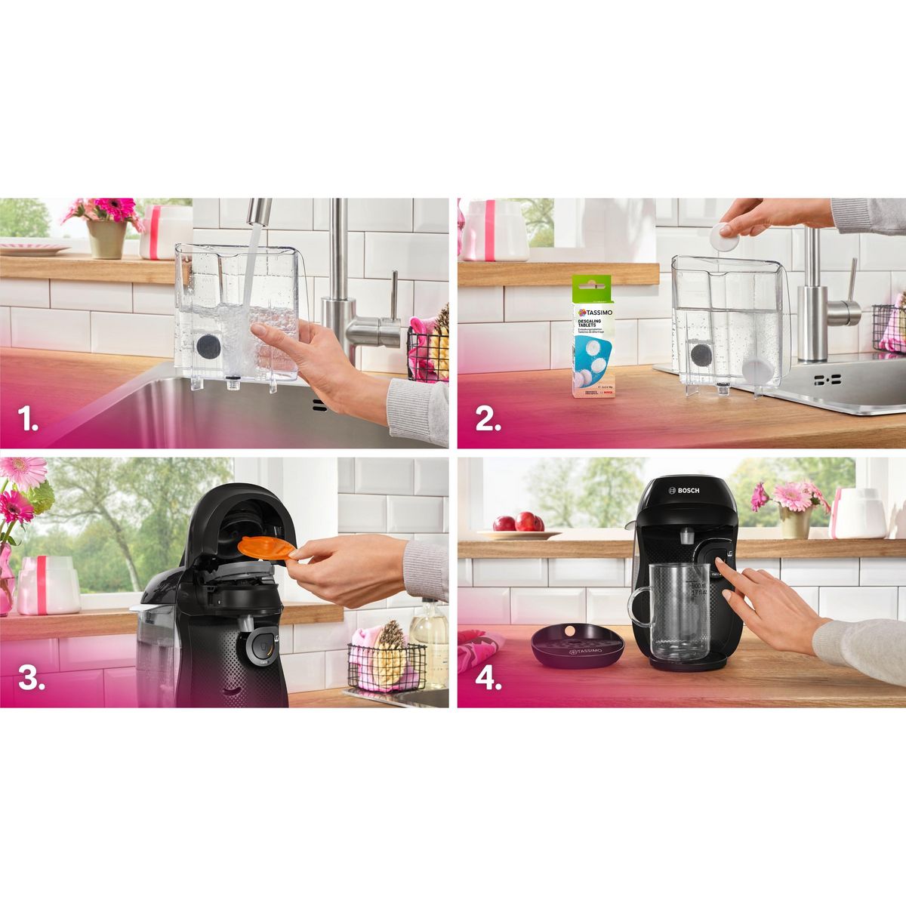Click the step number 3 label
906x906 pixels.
click(x=31, y=677)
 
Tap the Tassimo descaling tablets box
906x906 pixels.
click(x=592, y=337)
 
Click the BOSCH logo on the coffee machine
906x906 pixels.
click(x=683, y=491)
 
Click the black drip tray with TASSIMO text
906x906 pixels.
click(x=577, y=648)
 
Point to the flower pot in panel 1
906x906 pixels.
click(x=106, y=238)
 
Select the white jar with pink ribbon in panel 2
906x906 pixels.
click(x=494, y=230)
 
